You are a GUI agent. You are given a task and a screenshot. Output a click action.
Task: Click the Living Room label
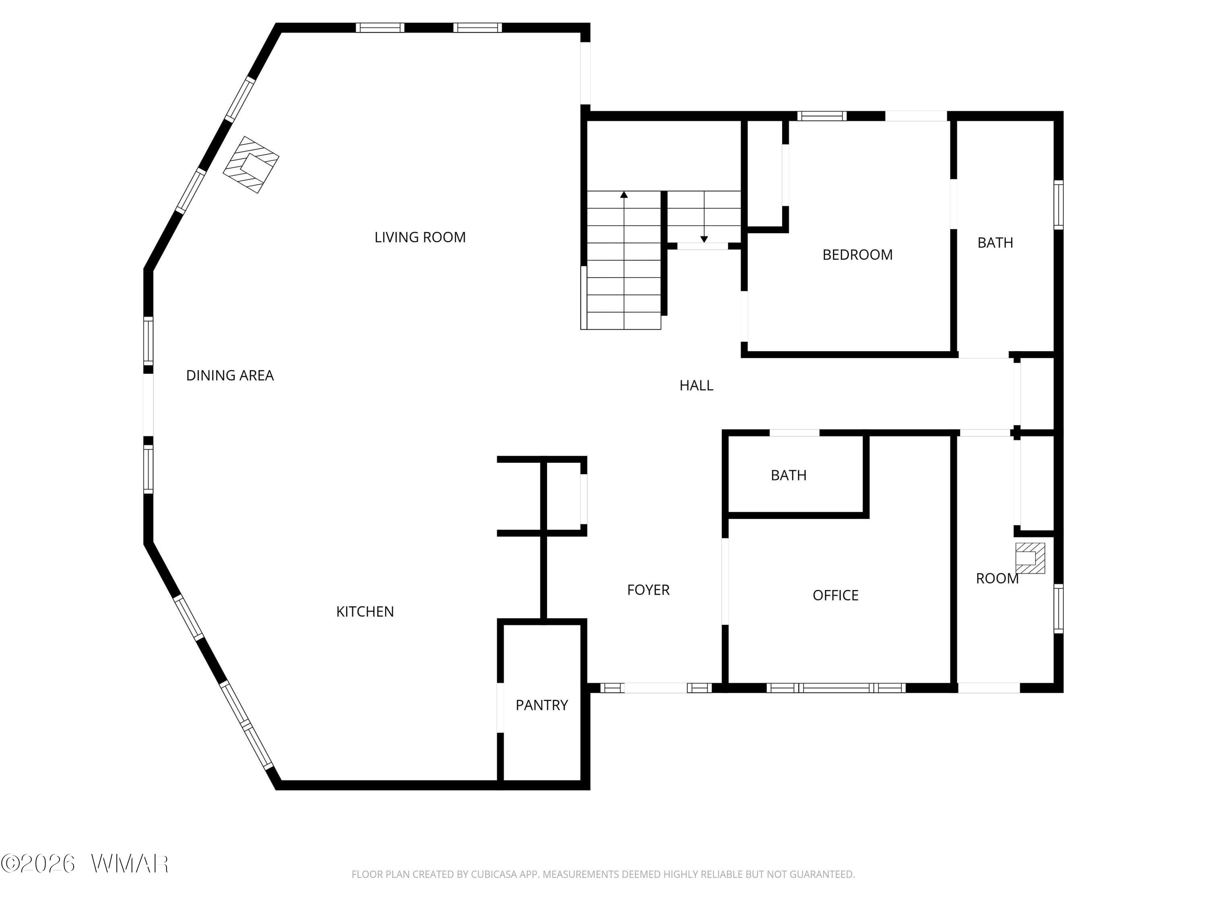click(x=420, y=237)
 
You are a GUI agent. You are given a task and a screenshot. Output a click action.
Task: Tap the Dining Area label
click(x=230, y=375)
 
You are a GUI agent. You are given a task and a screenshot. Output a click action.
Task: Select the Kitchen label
click(x=365, y=611)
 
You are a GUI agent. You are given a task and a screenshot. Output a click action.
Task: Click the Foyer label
click(x=648, y=590)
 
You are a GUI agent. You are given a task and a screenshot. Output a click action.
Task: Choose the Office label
click(x=835, y=595)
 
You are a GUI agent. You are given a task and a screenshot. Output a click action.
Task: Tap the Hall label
click(x=696, y=386)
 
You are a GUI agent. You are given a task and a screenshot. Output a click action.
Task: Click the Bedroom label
click(x=857, y=255)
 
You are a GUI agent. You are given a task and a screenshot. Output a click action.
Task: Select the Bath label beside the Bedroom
click(x=995, y=243)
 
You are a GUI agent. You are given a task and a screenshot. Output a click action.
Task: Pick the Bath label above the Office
click(x=789, y=475)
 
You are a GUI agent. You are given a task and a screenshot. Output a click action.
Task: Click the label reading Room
click(x=997, y=578)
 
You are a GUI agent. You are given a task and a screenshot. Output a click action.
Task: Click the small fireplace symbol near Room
click(x=1030, y=558)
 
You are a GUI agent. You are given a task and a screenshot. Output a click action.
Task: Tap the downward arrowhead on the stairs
click(x=704, y=239)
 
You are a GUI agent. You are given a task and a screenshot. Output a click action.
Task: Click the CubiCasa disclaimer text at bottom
click(x=603, y=874)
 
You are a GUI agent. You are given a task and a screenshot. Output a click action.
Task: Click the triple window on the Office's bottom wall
click(x=836, y=688)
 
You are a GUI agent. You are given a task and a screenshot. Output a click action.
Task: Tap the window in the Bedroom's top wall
click(x=822, y=116)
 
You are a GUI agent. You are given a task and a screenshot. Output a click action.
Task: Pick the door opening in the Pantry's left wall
click(x=500, y=708)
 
